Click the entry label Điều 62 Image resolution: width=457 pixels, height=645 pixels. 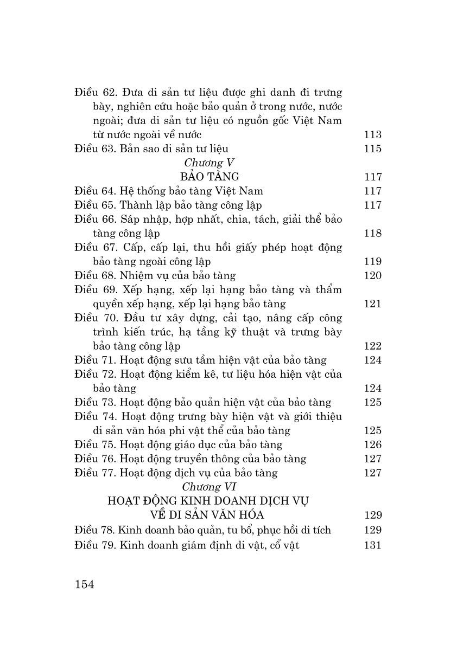[x=94, y=92]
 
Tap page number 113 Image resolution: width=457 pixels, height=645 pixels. [x=372, y=134]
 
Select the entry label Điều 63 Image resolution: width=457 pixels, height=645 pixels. [x=94, y=149]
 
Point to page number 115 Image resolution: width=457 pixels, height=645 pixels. [x=372, y=149]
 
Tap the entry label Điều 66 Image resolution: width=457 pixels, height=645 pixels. [x=94, y=219]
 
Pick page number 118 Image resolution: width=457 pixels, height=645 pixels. [x=372, y=233]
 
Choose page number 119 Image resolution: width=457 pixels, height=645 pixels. [x=372, y=261]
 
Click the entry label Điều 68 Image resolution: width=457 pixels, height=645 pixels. [x=94, y=275]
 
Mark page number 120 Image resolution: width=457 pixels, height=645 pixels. [x=372, y=275]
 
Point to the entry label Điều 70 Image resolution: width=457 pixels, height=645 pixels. [x=94, y=318]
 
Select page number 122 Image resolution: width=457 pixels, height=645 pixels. [x=372, y=346]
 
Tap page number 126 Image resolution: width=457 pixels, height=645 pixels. [x=372, y=444]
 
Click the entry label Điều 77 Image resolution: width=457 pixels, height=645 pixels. [x=94, y=473]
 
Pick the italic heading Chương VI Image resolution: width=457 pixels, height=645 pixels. [x=208, y=487]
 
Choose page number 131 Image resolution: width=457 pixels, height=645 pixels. [x=372, y=545]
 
